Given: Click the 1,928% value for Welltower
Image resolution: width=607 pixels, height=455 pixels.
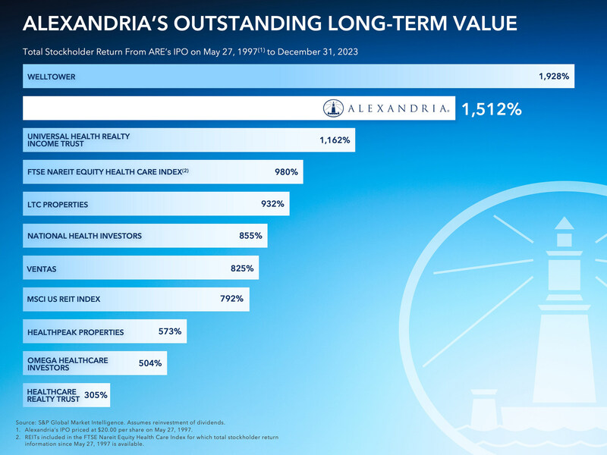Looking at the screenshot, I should point(554,77).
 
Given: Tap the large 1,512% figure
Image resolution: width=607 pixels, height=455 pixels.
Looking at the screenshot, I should point(492,109).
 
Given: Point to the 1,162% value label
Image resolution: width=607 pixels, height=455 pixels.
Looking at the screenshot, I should point(335,140).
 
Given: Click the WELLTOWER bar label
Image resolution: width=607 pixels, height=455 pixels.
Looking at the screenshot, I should point(51,77).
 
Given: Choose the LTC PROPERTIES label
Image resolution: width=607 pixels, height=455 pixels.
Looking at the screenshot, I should point(58,205).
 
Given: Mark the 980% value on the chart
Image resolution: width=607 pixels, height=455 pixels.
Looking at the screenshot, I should point(286,172).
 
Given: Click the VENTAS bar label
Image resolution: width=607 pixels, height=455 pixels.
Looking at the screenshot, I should point(42,268).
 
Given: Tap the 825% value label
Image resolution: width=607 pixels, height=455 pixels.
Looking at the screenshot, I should point(242,268).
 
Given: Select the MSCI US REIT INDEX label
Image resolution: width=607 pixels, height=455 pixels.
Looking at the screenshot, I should point(64,300).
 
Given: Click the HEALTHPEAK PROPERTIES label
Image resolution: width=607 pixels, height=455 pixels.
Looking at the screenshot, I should point(75,332).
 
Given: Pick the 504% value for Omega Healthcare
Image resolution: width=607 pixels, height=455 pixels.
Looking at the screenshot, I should point(150,363).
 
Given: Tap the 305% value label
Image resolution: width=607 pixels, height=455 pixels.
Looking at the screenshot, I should point(96,394).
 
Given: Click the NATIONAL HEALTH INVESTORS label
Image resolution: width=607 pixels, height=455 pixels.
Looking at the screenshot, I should point(84,236).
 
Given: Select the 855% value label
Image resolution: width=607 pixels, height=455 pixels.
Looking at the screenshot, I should point(250,236).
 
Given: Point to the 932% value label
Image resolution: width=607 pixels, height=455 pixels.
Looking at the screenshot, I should point(272,204).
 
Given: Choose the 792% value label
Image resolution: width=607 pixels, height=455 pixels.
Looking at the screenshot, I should point(231,299).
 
